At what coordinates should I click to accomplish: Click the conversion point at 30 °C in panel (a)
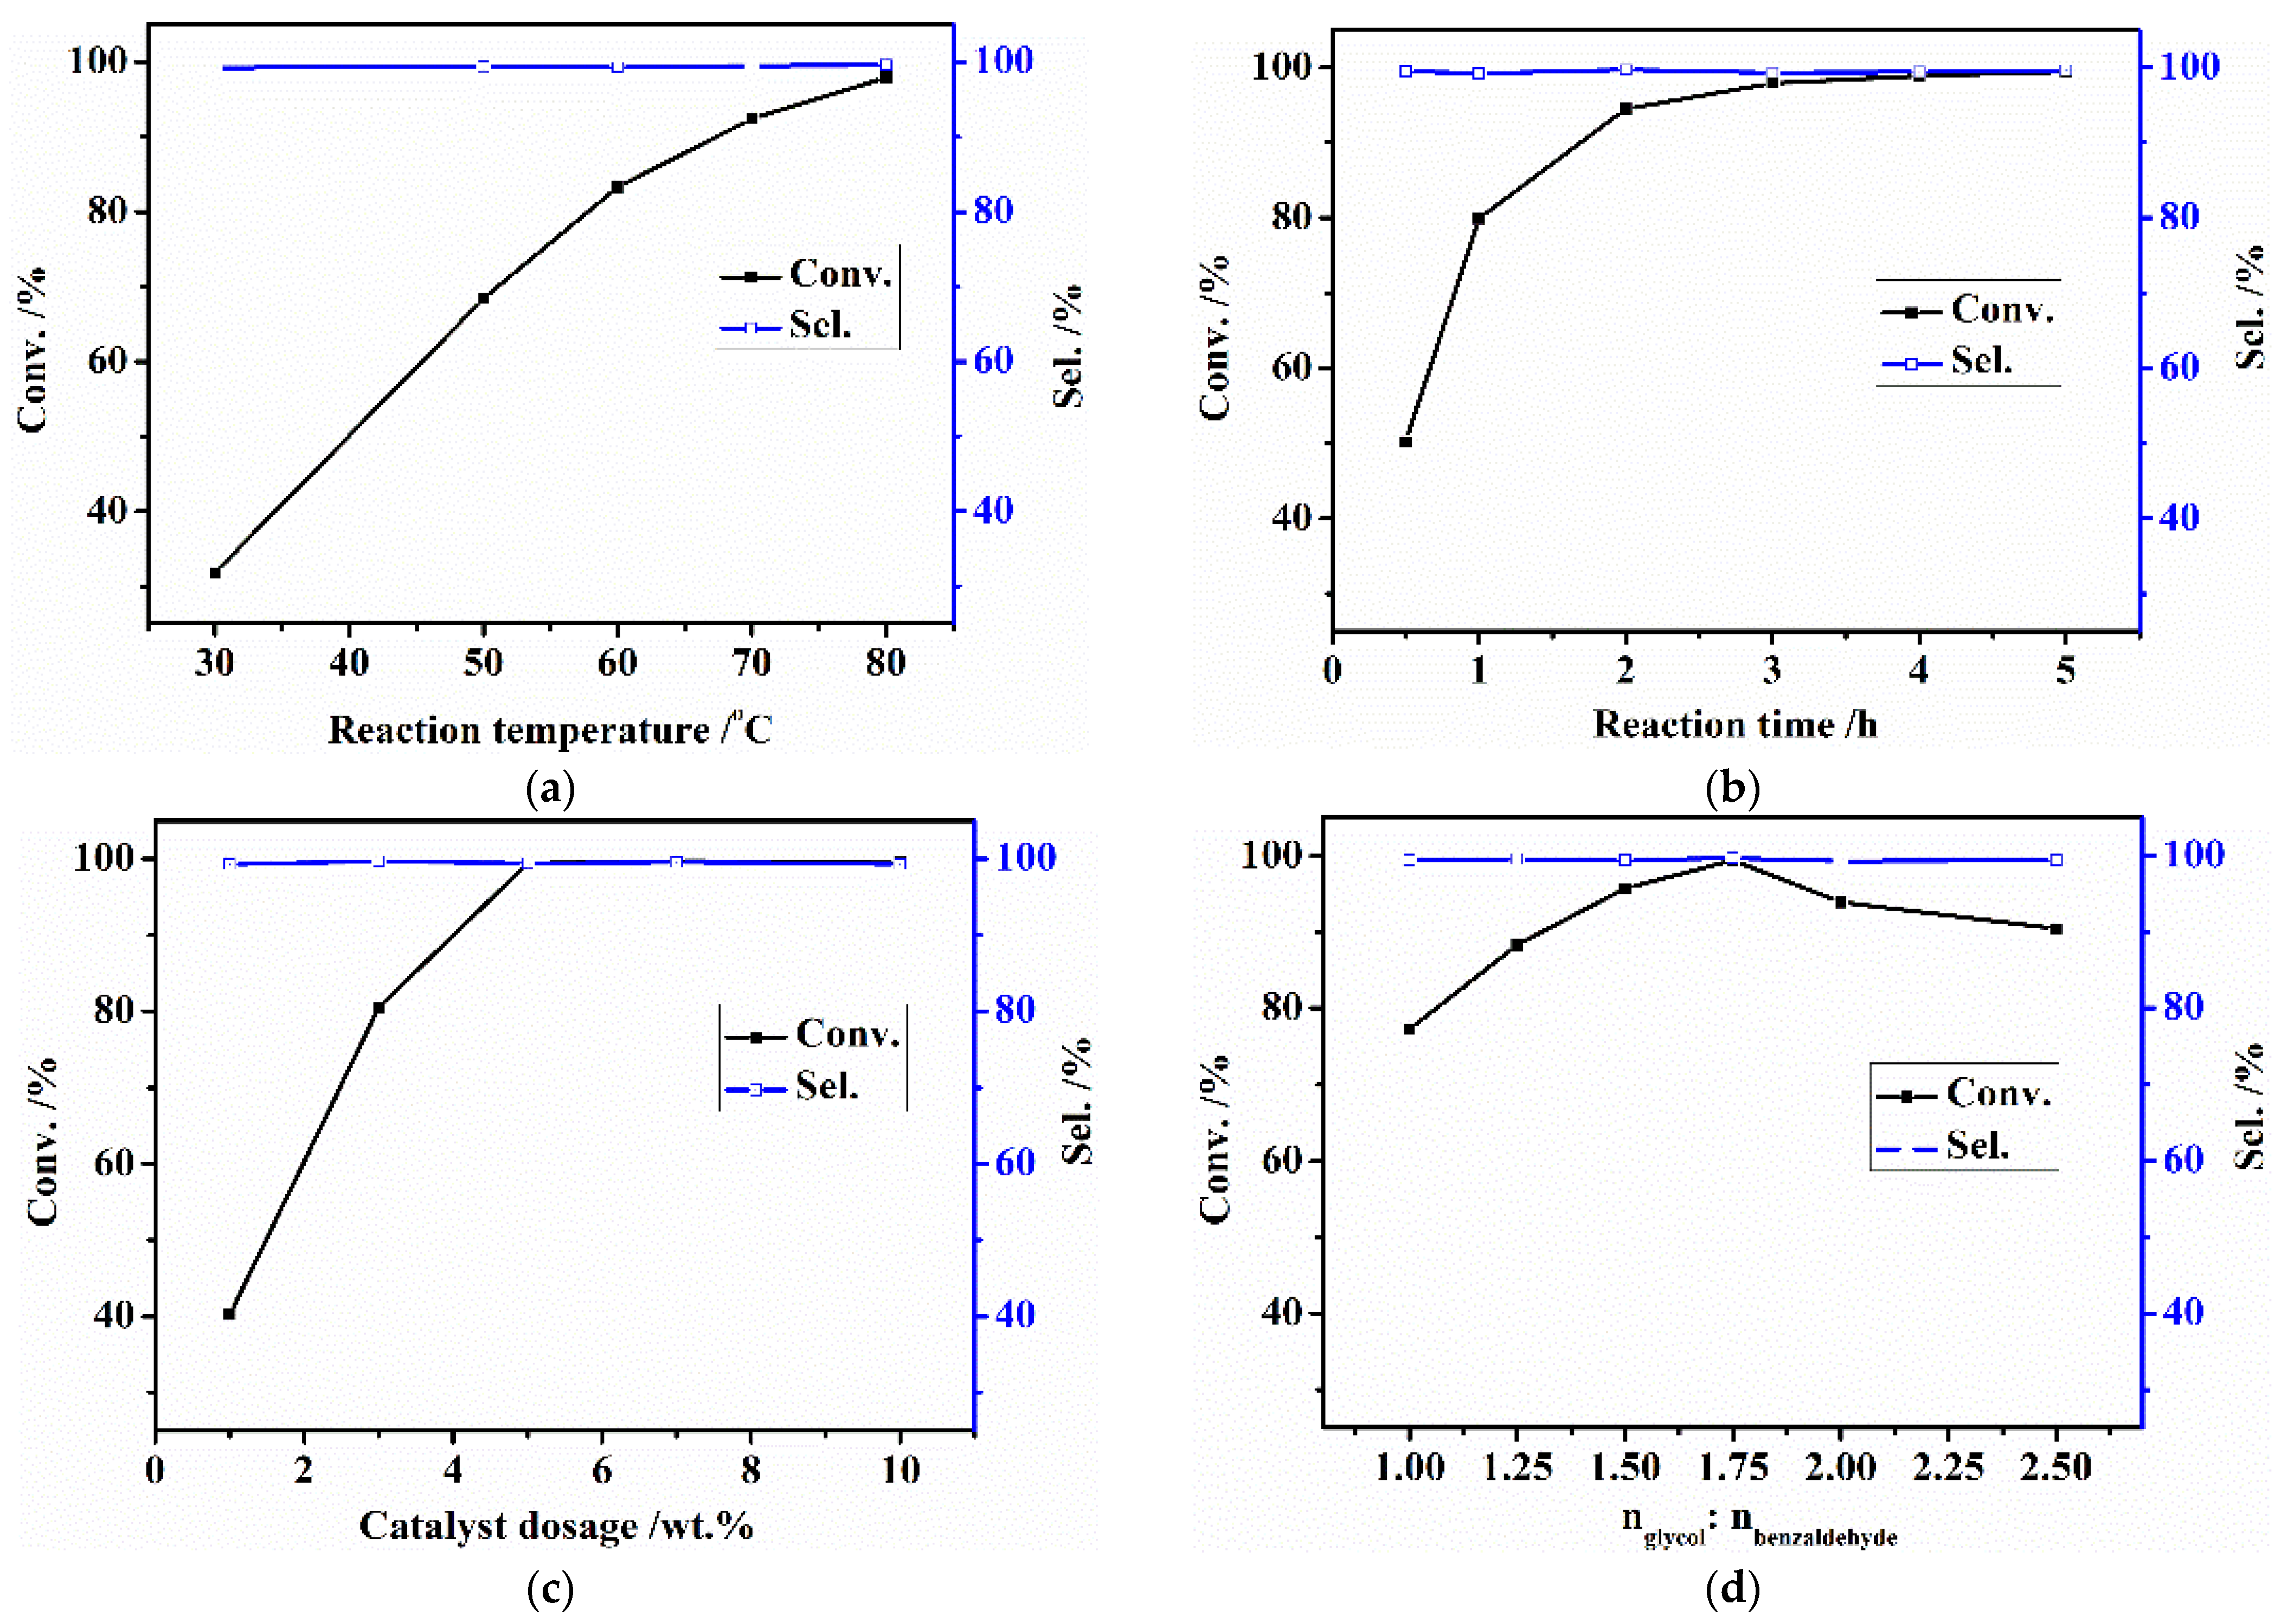pyautogui.click(x=215, y=572)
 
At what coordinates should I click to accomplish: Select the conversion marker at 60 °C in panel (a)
pyautogui.click(x=618, y=187)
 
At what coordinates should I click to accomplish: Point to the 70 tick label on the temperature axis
pyautogui.click(x=751, y=662)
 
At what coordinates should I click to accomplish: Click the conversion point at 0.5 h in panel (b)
pyautogui.click(x=1405, y=442)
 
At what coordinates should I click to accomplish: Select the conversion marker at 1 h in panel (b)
pyautogui.click(x=1479, y=218)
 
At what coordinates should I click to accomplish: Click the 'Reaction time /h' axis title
pyautogui.click(x=1735, y=725)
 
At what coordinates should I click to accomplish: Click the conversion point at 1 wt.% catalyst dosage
pyautogui.click(x=229, y=1314)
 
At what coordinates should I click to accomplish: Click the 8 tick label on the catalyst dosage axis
pyautogui.click(x=751, y=1470)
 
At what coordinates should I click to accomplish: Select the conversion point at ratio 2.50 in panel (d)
pyautogui.click(x=2056, y=930)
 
